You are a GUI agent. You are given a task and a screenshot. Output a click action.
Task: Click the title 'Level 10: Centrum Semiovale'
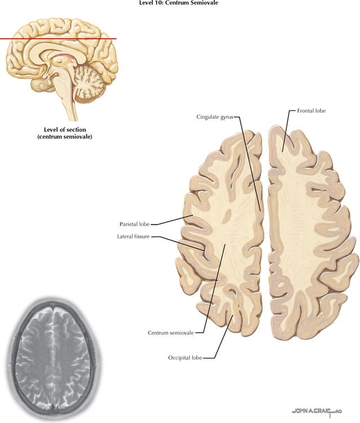[178, 3]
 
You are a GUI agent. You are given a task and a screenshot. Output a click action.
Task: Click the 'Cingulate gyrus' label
[214, 117]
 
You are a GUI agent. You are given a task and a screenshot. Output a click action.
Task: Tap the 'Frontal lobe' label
[312, 111]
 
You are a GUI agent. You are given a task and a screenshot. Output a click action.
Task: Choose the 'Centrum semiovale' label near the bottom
[171, 333]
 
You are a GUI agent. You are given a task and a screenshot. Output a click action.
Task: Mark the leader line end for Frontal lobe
[282, 151]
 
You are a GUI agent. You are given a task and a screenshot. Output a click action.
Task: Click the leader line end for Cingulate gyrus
[260, 210]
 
